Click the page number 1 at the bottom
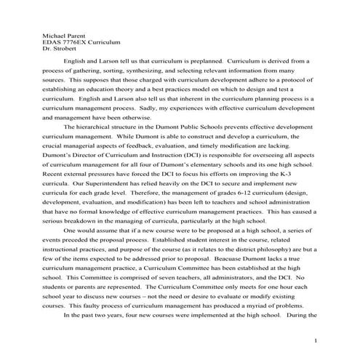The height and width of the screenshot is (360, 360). pyautogui.click(x=316, y=341)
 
